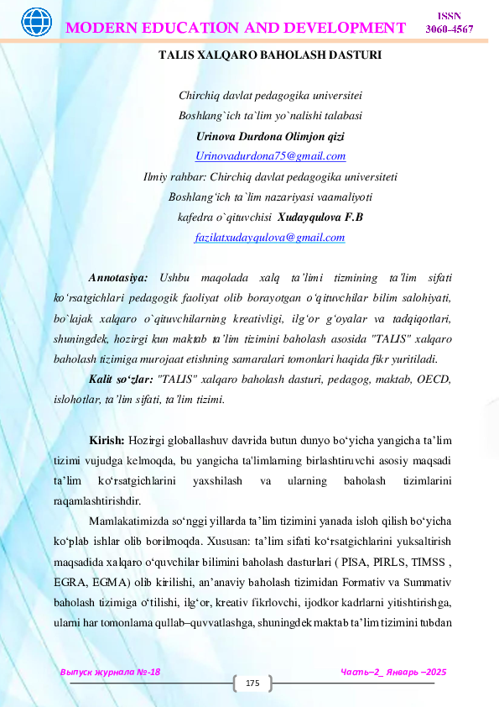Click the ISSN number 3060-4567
point(450,30)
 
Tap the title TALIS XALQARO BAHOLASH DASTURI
point(270,55)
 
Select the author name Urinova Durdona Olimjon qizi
point(270,136)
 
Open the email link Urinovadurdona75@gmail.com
point(270,156)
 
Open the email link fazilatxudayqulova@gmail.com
point(269,238)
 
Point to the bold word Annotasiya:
point(119,277)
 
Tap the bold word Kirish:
point(107,440)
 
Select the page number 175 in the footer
point(252,685)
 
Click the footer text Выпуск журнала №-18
point(110,673)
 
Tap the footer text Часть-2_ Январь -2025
point(393,673)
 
